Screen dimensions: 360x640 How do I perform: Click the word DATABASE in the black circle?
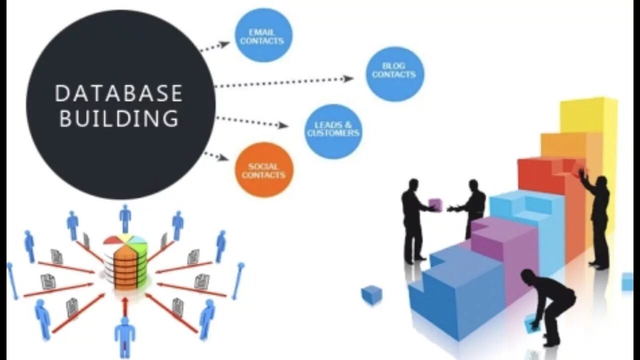click(118, 93)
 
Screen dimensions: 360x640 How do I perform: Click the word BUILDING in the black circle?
click(118, 119)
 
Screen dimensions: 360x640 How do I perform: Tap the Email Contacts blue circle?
click(263, 36)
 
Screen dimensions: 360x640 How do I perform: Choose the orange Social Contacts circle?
click(263, 170)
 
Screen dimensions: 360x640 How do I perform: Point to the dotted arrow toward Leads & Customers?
click(252, 121)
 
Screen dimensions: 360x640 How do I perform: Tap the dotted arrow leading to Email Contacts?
click(214, 46)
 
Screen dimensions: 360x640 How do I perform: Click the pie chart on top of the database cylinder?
click(125, 239)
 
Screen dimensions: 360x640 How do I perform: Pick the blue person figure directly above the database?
click(125, 218)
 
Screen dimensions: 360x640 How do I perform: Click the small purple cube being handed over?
click(435, 204)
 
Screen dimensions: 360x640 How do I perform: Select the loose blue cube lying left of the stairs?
click(371, 294)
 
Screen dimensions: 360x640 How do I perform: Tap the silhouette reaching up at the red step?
click(597, 215)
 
